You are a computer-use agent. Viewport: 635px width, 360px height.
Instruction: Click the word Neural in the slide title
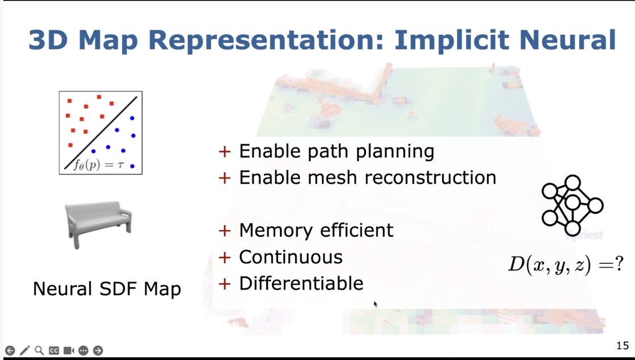coord(567,40)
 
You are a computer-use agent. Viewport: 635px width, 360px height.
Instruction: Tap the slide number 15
coord(622,345)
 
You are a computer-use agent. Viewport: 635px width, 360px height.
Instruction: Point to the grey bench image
coord(98,224)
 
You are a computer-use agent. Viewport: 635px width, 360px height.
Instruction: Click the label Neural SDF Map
coord(107,289)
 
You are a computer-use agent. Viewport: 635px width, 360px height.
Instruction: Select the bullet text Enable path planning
coord(336,151)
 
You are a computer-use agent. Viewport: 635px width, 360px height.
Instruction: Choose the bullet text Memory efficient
coord(316,230)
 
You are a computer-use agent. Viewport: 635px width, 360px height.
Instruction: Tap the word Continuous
coord(291,257)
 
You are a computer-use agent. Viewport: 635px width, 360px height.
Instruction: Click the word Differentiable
coord(302,283)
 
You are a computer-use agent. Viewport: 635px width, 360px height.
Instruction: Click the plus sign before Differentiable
coord(224,284)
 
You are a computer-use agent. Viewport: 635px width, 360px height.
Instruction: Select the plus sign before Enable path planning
coord(224,151)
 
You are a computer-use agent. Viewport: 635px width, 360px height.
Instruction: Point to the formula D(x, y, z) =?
coord(566,265)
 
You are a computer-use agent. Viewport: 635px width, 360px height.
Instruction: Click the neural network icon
coord(572,205)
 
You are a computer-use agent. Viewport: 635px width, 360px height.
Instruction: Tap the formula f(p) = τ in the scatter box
coord(98,165)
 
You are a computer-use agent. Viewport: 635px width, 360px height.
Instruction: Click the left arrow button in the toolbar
coord(10,350)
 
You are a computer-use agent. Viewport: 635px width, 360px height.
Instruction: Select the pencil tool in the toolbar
coord(24,350)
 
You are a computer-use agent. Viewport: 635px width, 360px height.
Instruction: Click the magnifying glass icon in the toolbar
coord(39,350)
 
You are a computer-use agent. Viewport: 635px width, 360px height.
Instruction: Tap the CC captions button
coord(54,350)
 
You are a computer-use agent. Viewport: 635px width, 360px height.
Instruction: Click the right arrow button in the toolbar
coord(98,350)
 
